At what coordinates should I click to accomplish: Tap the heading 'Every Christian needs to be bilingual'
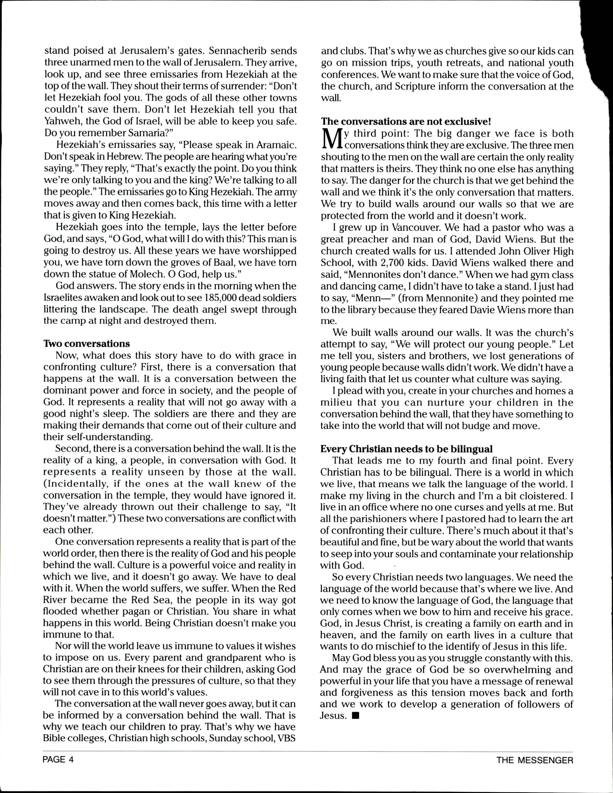406,449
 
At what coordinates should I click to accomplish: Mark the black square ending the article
356,716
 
